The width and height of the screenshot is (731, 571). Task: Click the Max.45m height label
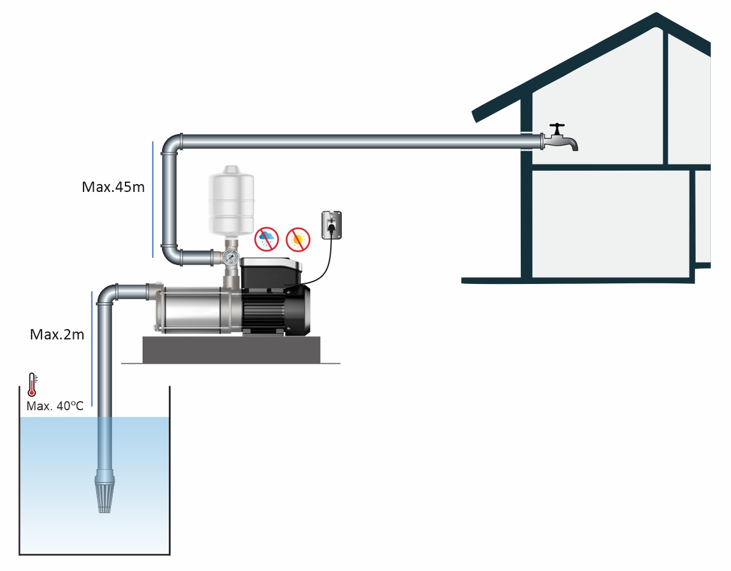pyautogui.click(x=113, y=187)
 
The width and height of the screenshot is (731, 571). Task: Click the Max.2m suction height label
pyautogui.click(x=57, y=334)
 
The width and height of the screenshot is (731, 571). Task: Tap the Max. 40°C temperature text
pyautogui.click(x=55, y=406)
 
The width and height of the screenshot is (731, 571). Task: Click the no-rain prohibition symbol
pyautogui.click(x=267, y=238)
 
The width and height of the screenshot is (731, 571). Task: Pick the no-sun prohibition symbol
pyautogui.click(x=298, y=239)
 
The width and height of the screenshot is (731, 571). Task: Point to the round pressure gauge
pyautogui.click(x=231, y=258)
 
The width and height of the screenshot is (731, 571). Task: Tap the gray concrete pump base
pyautogui.click(x=231, y=349)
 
